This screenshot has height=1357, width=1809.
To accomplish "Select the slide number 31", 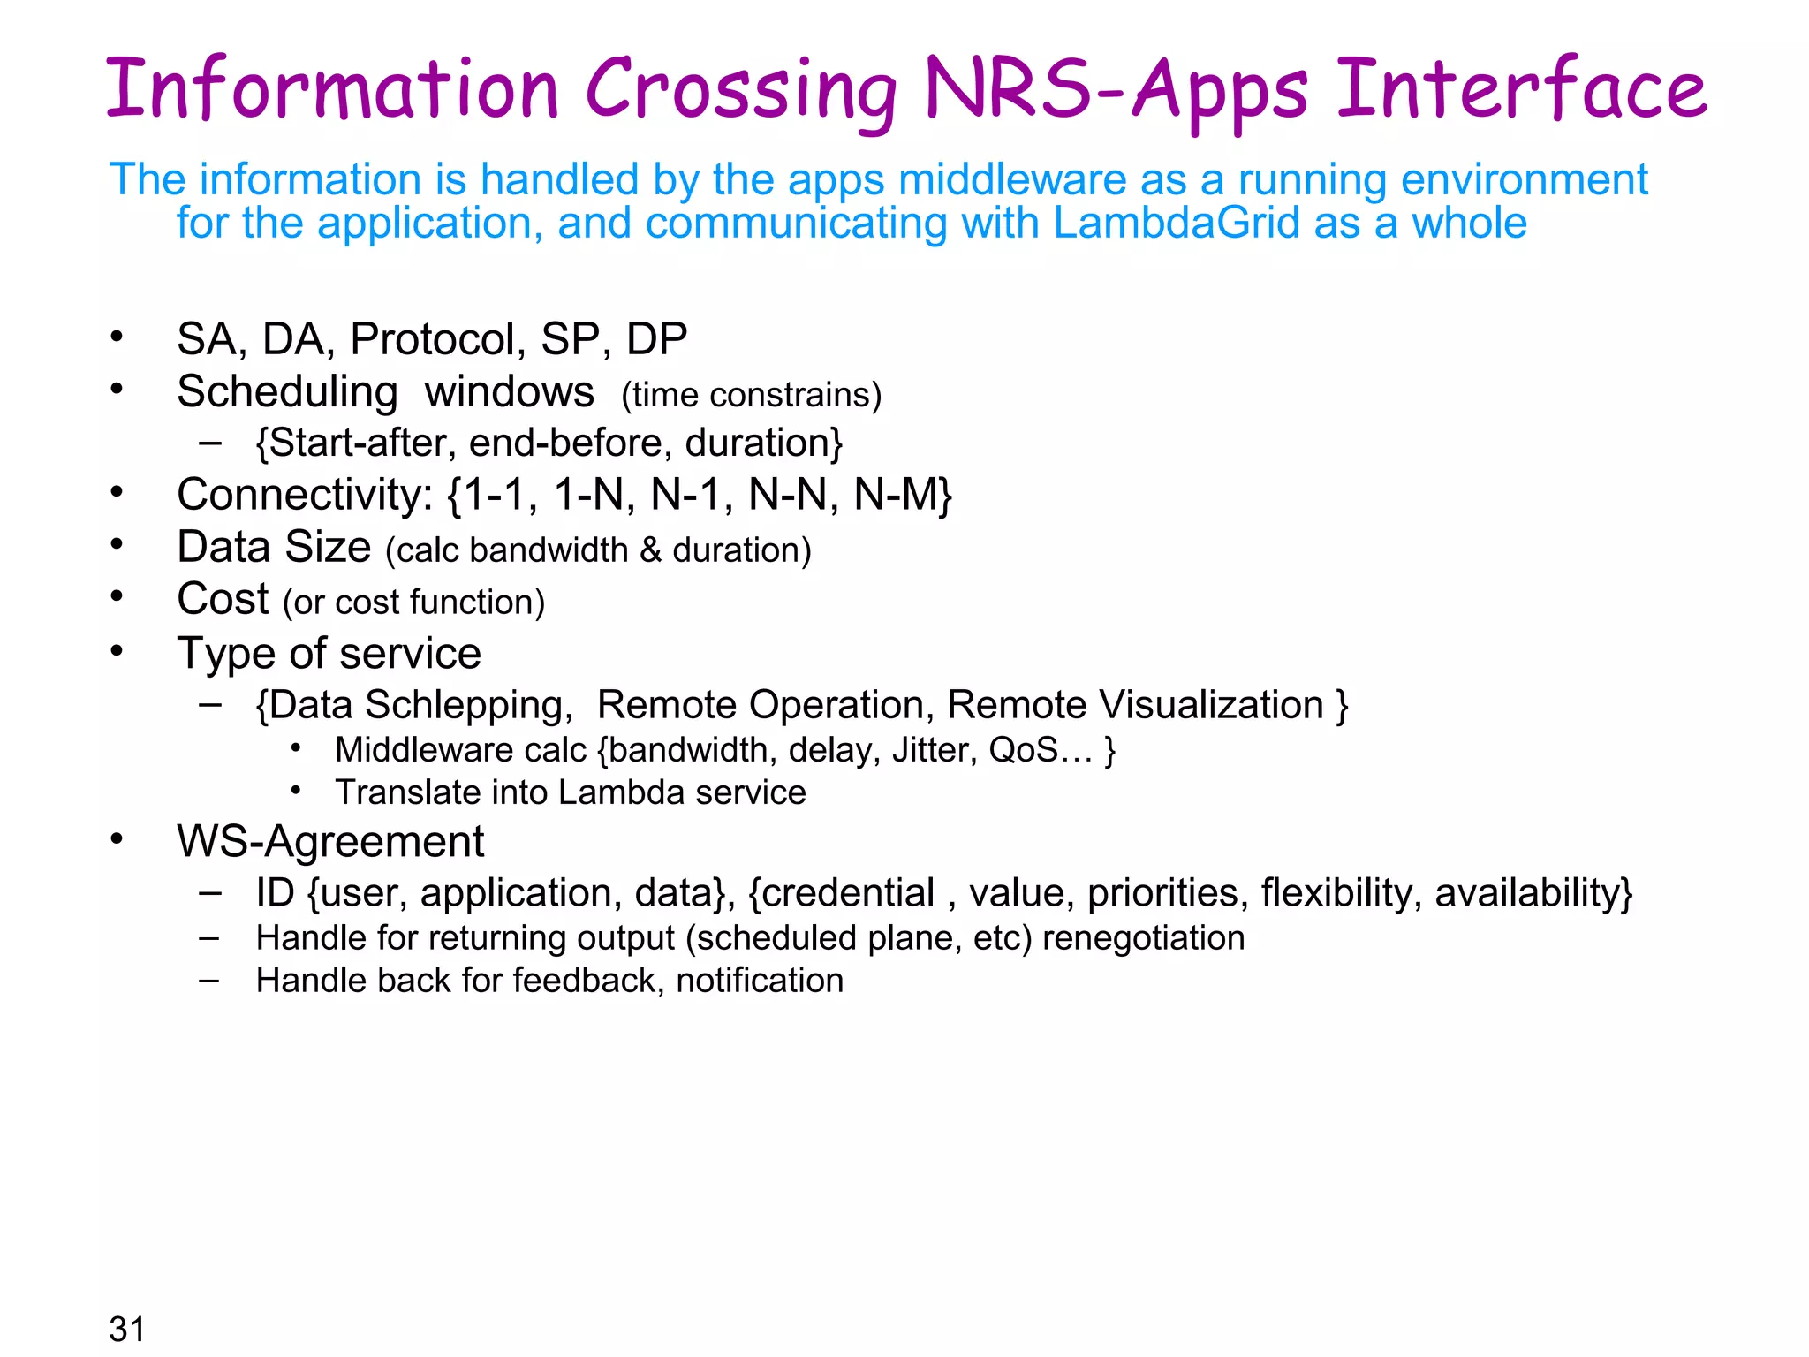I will point(127,1328).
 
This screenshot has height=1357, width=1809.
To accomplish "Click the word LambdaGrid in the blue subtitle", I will point(1176,223).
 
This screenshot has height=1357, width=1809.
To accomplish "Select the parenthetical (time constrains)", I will point(751,395).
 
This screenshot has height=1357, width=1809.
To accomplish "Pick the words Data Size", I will point(274,547).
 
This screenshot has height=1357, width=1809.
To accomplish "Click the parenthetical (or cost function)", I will point(413,603).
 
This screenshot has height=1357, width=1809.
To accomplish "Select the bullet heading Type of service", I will point(329,654).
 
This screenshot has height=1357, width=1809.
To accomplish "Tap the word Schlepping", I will point(464,705).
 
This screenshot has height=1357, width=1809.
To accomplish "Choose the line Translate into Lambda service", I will point(570,792).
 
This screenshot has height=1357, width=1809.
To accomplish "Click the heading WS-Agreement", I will point(330,841).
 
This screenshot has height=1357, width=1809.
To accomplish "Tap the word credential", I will point(848,893).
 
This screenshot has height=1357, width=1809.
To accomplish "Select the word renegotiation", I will point(1143,938).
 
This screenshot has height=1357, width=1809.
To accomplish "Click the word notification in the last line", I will point(760,981).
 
